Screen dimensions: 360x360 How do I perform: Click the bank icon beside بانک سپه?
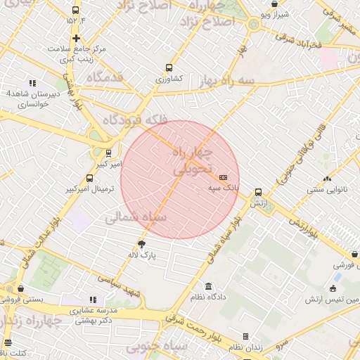(224, 177)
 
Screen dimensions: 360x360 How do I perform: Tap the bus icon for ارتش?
(259, 191)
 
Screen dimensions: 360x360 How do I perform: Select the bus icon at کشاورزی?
(169, 67)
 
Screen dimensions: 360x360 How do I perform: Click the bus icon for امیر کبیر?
(108, 153)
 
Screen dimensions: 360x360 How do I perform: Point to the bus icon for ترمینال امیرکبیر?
(89, 178)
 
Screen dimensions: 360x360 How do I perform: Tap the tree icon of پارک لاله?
(142, 244)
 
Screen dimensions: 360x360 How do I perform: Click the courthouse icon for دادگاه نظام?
(208, 286)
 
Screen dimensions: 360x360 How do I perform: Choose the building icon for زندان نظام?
(245, 336)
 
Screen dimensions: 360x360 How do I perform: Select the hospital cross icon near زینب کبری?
(76, 38)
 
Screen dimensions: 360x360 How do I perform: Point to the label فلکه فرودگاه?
(136, 120)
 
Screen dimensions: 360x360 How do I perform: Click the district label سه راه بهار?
(246, 81)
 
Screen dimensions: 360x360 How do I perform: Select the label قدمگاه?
(105, 76)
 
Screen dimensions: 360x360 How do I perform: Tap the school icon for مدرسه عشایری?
(94, 300)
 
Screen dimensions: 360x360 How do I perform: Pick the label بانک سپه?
(224, 188)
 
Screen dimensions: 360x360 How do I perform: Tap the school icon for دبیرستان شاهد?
(32, 83)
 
